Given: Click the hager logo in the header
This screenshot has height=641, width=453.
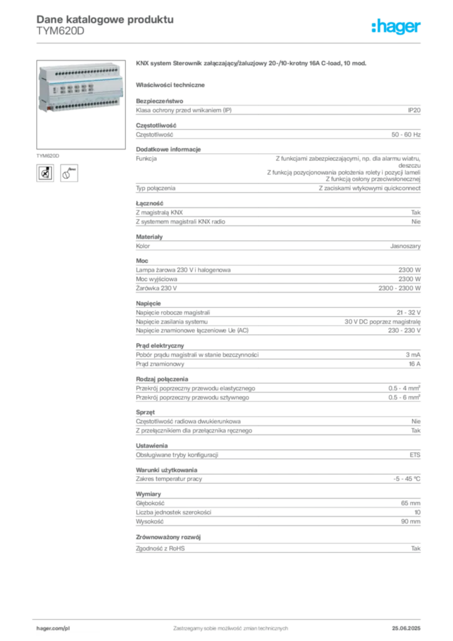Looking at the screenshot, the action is click(x=396, y=26).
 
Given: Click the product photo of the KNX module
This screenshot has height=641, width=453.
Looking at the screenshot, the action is click(x=81, y=90).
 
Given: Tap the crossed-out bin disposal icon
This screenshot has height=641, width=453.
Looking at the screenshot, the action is click(x=45, y=173).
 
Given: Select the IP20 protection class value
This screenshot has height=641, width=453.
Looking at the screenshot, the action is click(x=414, y=110).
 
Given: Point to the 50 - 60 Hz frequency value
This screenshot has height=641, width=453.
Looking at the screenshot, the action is click(x=406, y=135).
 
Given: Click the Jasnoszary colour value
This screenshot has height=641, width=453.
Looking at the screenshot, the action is click(x=405, y=246).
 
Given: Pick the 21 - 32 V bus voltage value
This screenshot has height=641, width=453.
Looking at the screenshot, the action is click(x=409, y=313).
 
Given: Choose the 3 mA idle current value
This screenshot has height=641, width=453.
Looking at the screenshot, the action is click(x=413, y=355).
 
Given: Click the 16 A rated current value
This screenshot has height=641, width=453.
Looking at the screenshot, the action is click(x=415, y=364).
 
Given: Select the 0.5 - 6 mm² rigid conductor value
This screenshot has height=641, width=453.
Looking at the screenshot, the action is click(x=404, y=397).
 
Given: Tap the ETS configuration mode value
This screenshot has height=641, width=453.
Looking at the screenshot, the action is click(x=415, y=455).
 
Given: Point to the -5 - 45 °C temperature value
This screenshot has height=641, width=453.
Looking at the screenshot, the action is click(x=407, y=479).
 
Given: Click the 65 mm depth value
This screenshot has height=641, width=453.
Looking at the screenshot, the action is click(x=410, y=503).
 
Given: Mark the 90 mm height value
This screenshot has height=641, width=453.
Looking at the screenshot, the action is click(x=410, y=521).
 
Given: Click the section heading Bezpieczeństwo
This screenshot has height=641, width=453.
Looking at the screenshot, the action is click(x=160, y=101).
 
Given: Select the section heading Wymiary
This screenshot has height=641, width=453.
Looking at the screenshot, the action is click(x=148, y=495).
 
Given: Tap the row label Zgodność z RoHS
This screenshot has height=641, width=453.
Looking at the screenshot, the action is click(x=160, y=548).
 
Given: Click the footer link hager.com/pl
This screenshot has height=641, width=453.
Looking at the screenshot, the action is click(x=53, y=628).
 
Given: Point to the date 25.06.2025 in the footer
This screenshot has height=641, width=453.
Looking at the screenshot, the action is click(x=406, y=628).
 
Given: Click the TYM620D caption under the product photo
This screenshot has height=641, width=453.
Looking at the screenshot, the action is click(x=48, y=156).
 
